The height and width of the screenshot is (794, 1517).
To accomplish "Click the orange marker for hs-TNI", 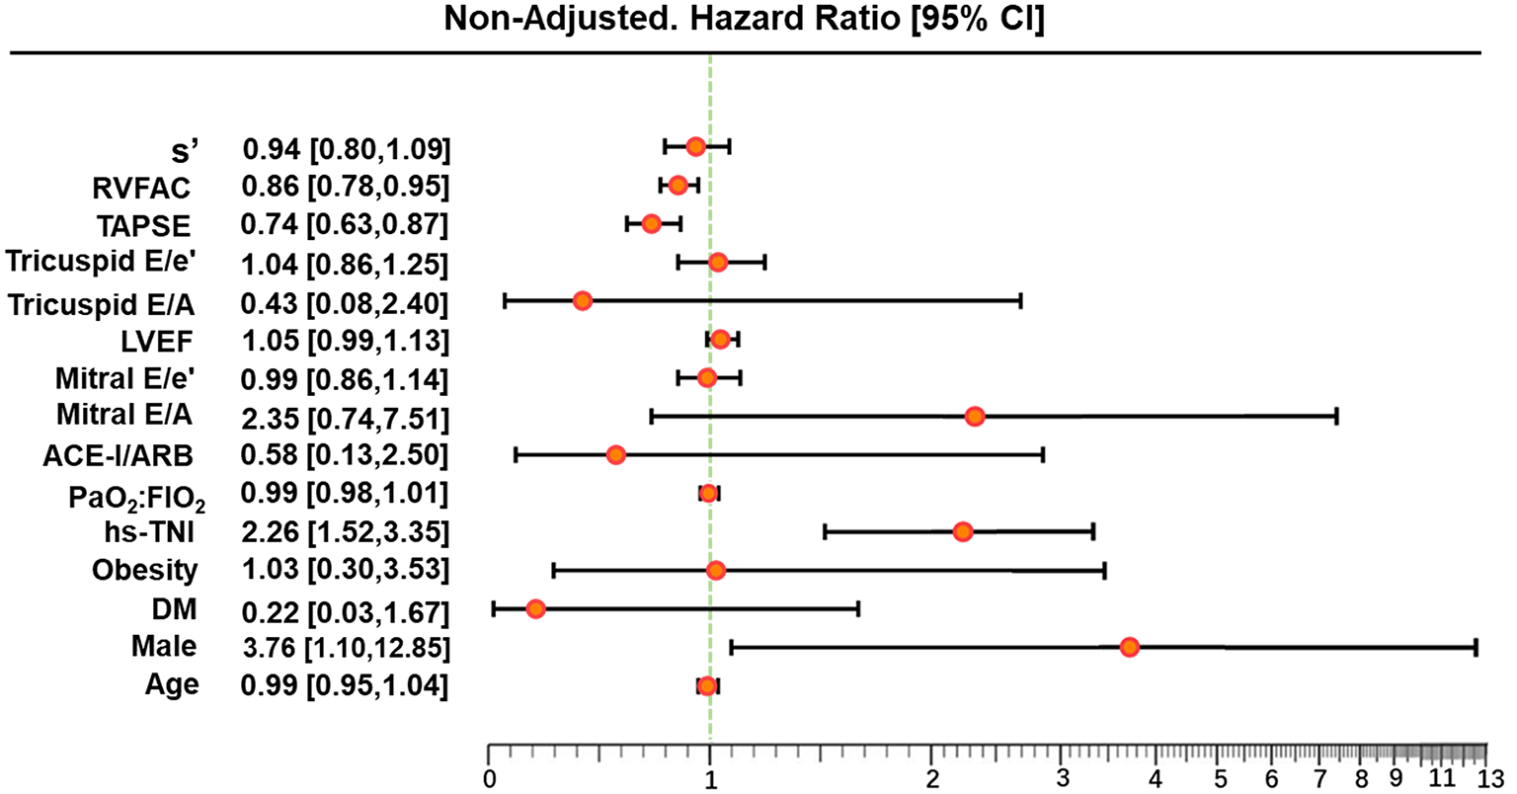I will click(x=963, y=532).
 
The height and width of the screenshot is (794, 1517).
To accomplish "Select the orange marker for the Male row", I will click(x=1130, y=647).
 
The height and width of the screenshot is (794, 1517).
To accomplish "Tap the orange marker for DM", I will click(x=535, y=608).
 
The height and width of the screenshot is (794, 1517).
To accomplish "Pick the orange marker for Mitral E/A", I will click(x=975, y=417).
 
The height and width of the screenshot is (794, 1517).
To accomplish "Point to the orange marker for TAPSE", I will click(x=651, y=223).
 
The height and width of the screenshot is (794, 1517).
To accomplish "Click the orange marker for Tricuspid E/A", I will click(x=582, y=300).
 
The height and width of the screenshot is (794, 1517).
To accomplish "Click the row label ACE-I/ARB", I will click(x=118, y=455).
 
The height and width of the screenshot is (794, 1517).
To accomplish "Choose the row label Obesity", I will click(x=144, y=571).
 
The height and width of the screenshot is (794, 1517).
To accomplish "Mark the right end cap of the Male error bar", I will click(x=1476, y=647).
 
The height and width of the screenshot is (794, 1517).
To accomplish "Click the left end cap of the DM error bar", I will click(x=494, y=608).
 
